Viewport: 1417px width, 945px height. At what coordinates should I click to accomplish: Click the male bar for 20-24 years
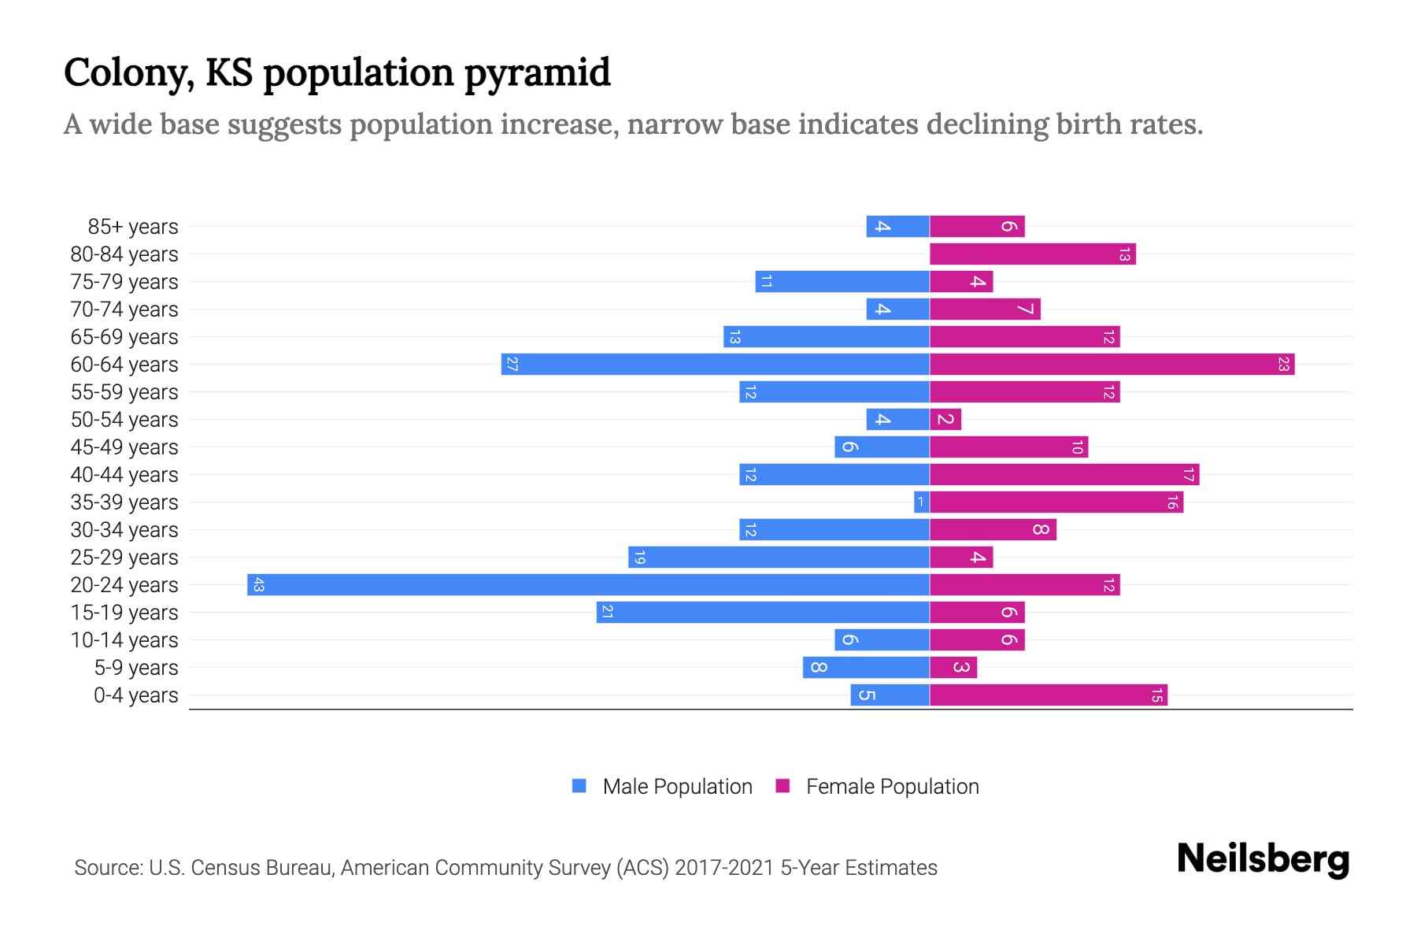click(588, 584)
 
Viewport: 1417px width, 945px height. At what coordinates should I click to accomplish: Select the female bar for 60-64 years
click(1112, 364)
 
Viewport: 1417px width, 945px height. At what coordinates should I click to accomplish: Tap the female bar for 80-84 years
click(1032, 254)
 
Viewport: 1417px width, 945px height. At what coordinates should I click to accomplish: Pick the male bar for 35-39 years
click(921, 502)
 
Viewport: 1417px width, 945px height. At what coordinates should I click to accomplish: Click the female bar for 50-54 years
click(945, 419)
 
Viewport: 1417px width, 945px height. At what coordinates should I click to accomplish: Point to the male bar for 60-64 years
click(715, 364)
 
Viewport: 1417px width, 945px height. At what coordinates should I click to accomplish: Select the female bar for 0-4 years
click(1048, 695)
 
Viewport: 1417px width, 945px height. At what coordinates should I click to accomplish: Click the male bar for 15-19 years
click(763, 612)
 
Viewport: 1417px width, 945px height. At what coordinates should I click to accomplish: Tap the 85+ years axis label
click(133, 227)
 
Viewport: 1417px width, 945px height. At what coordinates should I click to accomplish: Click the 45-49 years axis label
click(124, 447)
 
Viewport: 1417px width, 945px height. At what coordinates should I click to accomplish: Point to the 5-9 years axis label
click(136, 668)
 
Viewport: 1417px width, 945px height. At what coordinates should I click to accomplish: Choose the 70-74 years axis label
click(124, 309)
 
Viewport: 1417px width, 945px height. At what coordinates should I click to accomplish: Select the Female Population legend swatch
click(782, 786)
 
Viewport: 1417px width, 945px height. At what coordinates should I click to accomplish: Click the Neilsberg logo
click(1263, 859)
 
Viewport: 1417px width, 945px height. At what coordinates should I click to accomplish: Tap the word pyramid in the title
click(537, 73)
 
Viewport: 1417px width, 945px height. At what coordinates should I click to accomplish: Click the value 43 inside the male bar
click(258, 584)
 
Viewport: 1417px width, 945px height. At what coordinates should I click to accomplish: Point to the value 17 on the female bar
click(1188, 474)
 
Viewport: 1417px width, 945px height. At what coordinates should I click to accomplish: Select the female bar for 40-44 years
click(1064, 474)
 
